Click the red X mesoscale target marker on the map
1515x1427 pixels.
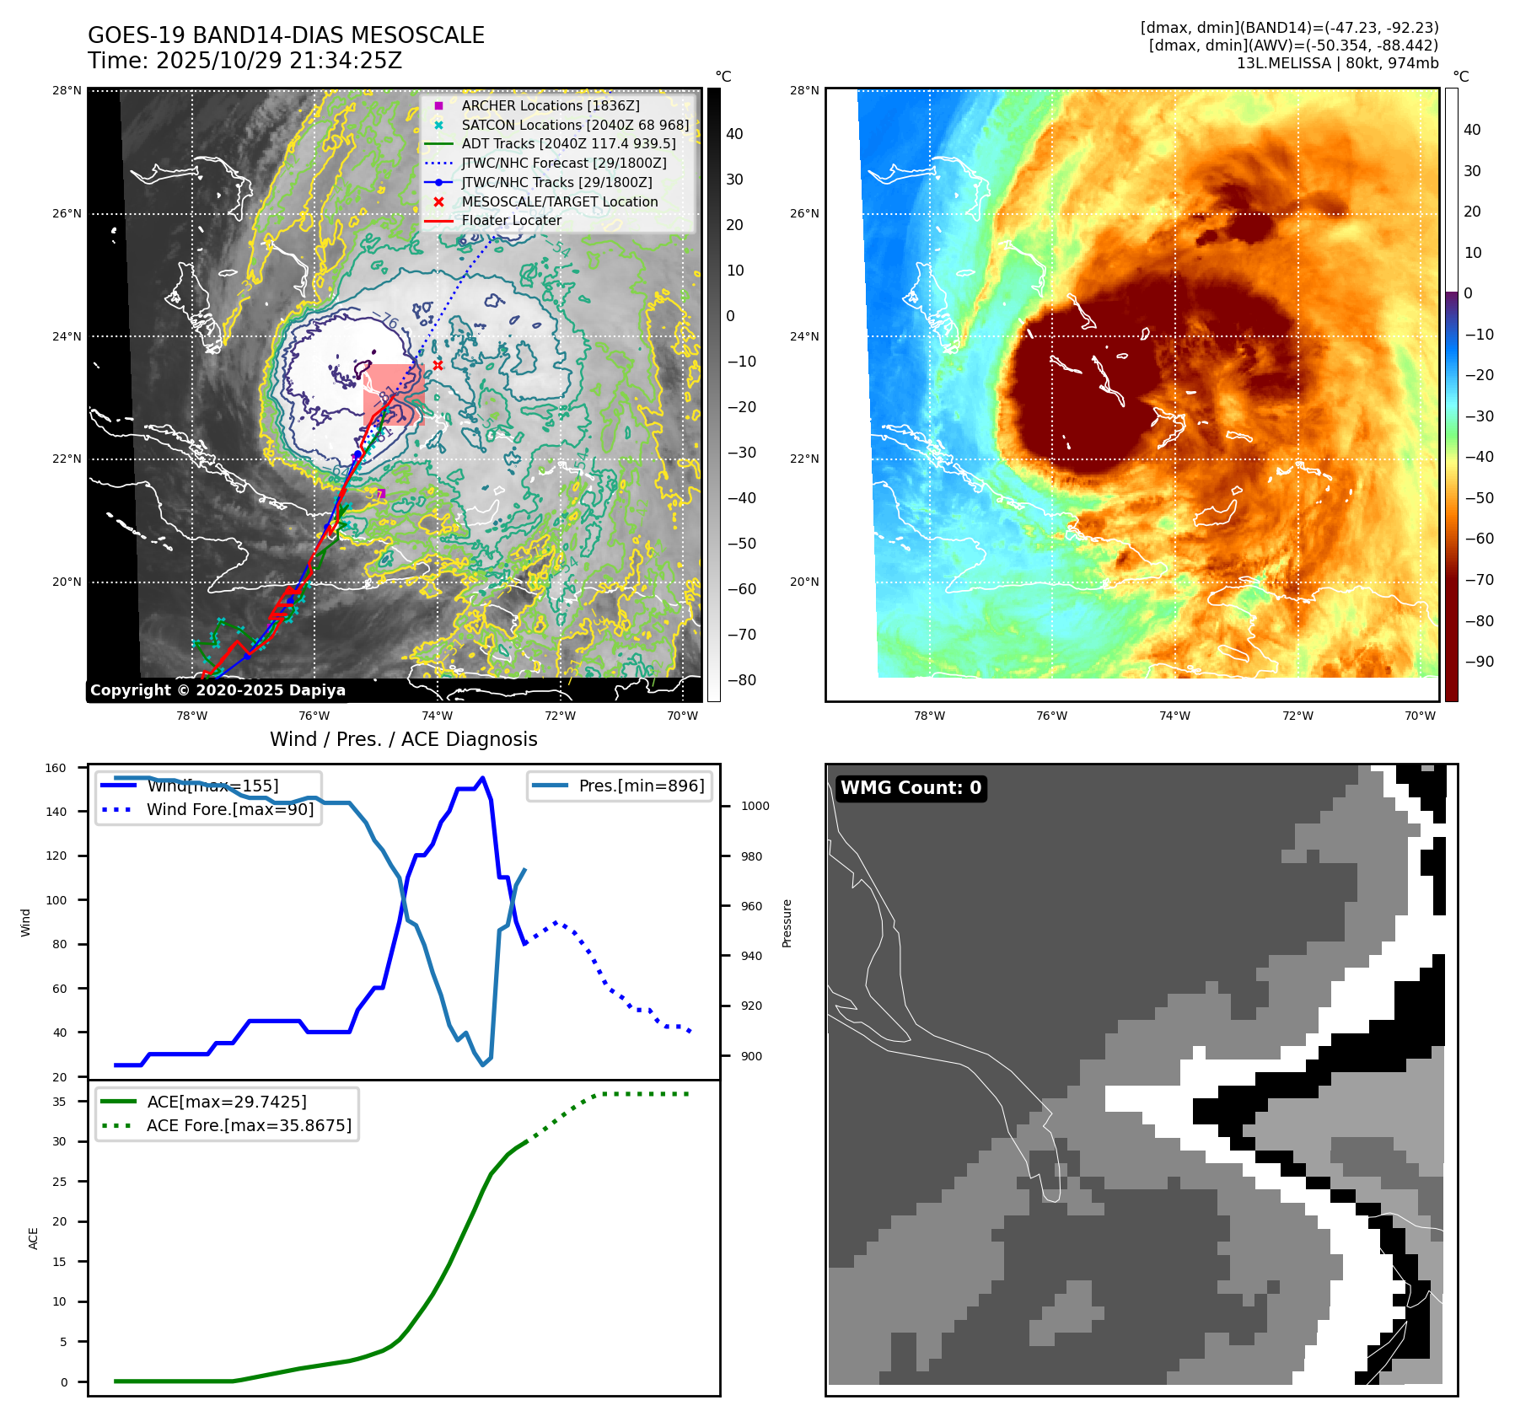(438, 365)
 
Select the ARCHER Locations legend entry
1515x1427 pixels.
(550, 105)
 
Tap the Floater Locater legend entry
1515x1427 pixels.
(511, 221)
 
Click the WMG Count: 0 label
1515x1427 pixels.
(911, 788)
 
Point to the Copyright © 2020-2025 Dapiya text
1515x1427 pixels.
(218, 690)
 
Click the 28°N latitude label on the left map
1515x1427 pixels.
(67, 91)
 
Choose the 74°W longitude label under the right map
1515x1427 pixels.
(1174, 716)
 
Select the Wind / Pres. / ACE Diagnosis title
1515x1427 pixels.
(403, 739)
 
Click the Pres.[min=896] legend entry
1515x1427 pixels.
(641, 786)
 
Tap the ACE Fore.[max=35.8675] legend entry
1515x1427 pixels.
(249, 1126)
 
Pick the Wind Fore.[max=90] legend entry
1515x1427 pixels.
(230, 810)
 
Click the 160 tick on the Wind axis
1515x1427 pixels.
(56, 768)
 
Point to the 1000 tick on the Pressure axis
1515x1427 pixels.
(755, 807)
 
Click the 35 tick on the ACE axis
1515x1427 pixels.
(59, 1102)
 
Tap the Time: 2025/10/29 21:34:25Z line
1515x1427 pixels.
(244, 62)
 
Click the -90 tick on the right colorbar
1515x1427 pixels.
(1479, 662)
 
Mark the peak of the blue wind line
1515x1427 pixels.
(482, 778)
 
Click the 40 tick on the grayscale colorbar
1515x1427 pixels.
(734, 134)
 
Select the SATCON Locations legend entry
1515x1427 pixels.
(575, 125)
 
